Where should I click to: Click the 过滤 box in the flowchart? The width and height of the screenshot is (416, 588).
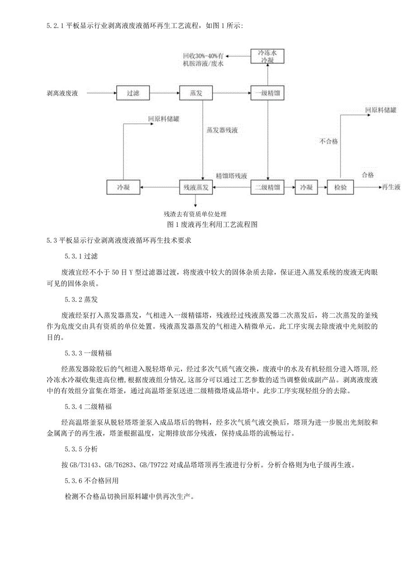133,94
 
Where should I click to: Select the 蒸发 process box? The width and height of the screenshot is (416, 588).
196,94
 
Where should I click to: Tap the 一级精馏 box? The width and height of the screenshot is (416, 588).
267,94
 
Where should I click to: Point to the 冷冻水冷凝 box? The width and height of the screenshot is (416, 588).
267,56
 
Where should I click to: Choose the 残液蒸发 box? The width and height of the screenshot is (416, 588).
196,187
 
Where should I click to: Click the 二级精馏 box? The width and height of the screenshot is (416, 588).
267,187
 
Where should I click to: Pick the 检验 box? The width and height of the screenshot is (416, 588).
340,187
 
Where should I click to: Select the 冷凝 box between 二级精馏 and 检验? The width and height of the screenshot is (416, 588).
306,187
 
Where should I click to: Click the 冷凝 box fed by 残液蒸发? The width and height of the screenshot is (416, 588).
123,187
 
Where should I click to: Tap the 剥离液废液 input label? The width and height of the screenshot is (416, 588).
62,94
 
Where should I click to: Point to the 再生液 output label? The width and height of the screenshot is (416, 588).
391,187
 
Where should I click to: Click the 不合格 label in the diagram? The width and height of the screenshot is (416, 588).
329,141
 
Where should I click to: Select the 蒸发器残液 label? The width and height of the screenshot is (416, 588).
222,130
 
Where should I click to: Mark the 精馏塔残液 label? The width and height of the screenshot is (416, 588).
232,175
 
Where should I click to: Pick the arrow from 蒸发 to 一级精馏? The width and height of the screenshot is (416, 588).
232,94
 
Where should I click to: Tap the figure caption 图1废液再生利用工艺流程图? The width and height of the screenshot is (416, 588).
212,225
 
